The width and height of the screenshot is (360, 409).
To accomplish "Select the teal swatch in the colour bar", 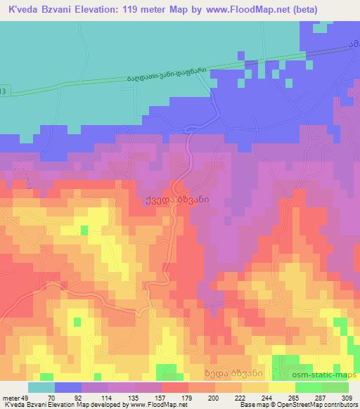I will (x=41, y=388).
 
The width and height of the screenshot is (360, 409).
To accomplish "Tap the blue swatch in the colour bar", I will (x=68, y=388).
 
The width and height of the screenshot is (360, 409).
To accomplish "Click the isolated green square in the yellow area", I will (x=84, y=231).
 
